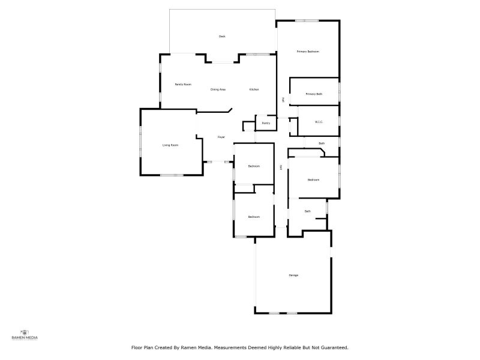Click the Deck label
tap(222, 37)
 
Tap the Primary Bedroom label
tap(308, 52)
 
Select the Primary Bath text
tap(314, 94)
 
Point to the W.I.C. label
tap(319, 122)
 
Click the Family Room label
tap(183, 85)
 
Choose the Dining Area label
tap(218, 89)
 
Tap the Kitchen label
tap(254, 89)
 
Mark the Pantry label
tap(266, 123)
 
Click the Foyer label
tap(221, 137)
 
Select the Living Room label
tap(170, 145)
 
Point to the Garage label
tap(293, 275)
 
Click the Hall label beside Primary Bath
tap(283, 100)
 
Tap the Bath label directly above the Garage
tap(308, 211)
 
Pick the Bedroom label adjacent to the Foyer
tap(254, 166)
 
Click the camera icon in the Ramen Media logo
tap(25, 332)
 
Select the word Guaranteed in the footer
tap(335, 347)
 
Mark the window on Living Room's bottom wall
tap(172, 175)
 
